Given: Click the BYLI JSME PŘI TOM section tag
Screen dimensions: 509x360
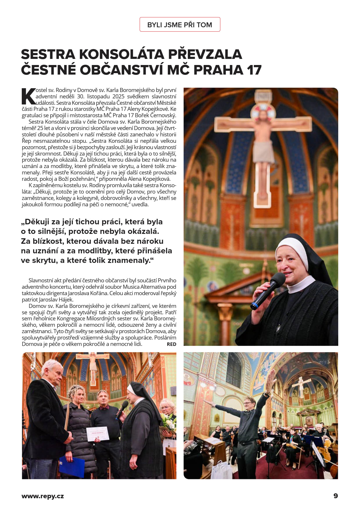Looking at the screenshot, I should click(180, 25).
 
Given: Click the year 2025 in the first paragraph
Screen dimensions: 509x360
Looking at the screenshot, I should click(118, 96).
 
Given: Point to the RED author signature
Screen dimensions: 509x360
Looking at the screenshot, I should click(171, 344).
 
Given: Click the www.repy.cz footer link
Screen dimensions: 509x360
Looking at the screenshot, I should click(43, 496).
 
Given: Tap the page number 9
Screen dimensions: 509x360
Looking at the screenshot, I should click(336, 496).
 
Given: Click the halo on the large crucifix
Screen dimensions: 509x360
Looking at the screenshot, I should click(263, 112).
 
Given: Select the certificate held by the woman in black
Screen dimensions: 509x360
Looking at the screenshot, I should click(98, 434).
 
